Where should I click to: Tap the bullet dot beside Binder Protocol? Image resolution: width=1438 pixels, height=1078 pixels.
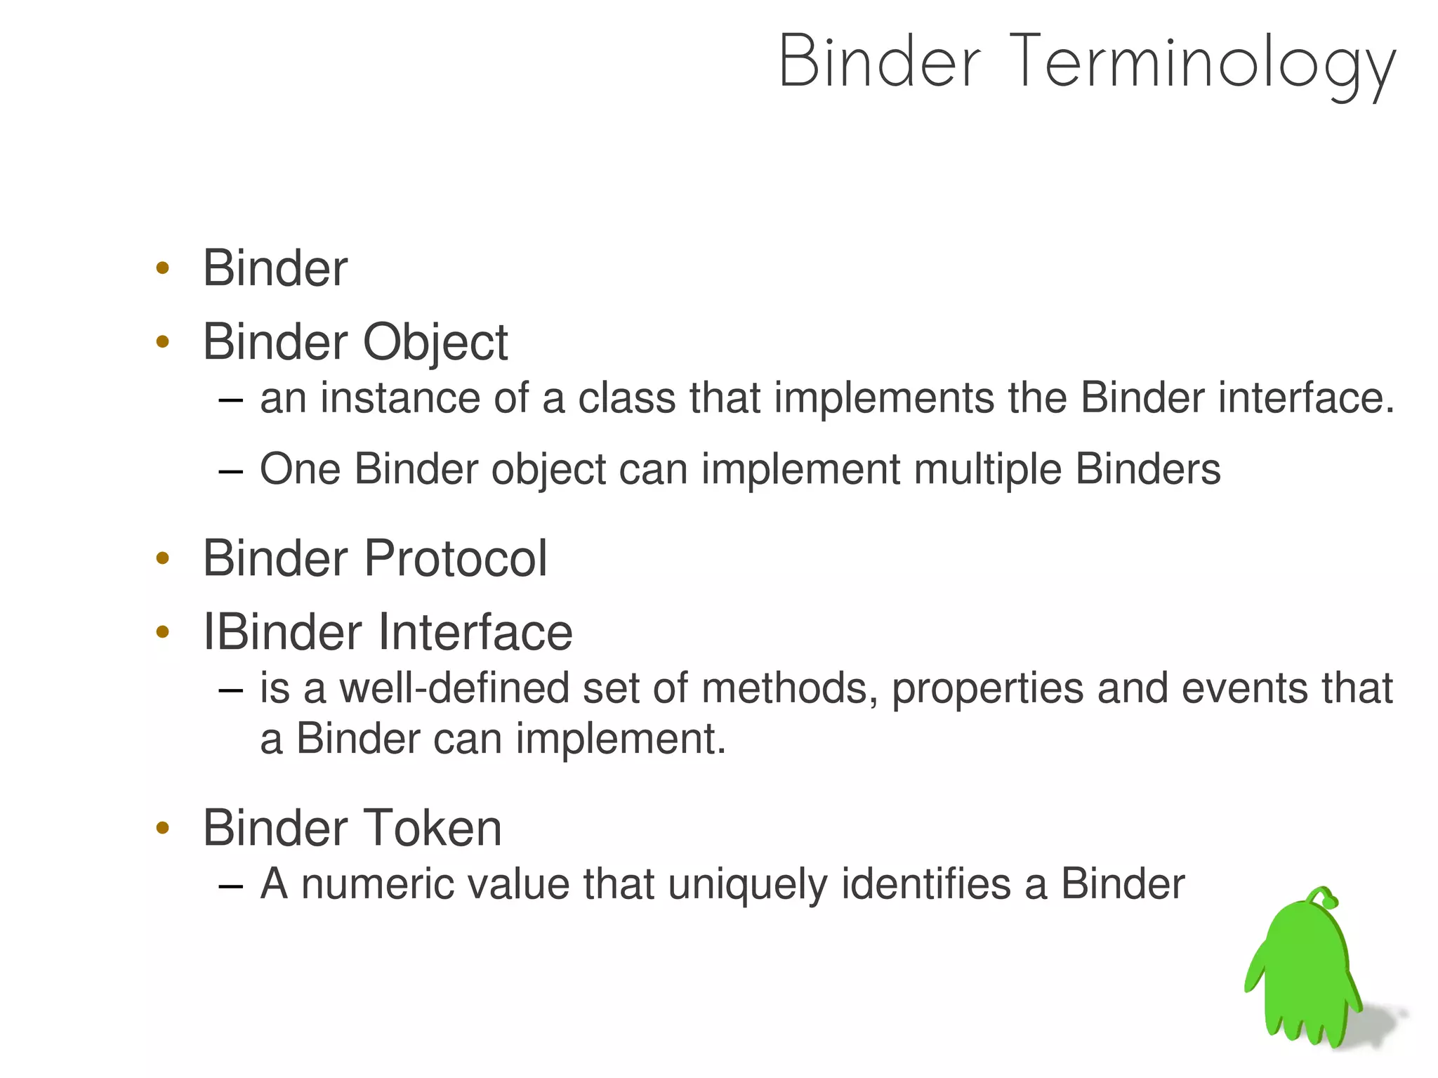point(163,559)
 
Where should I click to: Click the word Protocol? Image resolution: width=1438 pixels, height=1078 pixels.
point(455,559)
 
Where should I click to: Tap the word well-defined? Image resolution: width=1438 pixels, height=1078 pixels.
point(454,688)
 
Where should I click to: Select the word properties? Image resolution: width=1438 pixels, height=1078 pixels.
point(987,688)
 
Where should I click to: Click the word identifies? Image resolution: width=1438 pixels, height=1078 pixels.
point(926,884)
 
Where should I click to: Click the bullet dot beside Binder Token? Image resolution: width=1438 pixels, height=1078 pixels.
point(163,829)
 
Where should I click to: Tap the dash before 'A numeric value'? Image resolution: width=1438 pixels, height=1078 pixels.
point(230,886)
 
